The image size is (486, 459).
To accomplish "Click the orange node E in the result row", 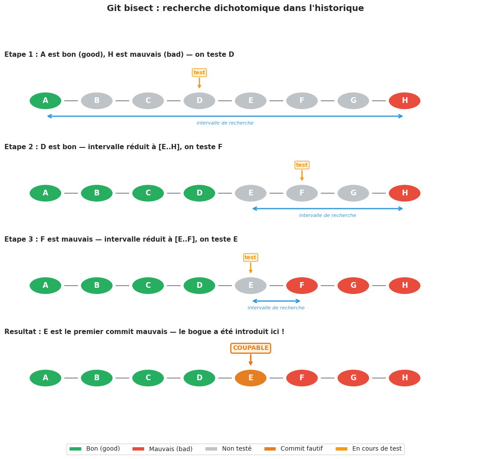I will click(251, 378).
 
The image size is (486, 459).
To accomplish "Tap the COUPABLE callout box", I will click(251, 348).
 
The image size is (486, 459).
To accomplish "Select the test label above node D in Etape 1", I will click(199, 73).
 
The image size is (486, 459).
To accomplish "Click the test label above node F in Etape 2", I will click(302, 165).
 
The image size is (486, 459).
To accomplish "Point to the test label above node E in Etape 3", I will click(251, 257).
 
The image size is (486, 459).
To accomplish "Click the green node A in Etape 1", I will click(45, 101).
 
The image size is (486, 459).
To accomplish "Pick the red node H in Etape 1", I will click(405, 101).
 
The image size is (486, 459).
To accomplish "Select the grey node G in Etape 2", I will click(353, 193).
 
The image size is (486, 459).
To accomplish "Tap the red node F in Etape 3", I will click(302, 286).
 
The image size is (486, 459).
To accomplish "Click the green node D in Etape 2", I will click(199, 193).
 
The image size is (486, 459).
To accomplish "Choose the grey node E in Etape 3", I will click(251, 286).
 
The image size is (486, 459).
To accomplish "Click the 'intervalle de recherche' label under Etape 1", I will click(225, 123).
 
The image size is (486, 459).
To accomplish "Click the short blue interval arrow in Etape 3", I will click(276, 301).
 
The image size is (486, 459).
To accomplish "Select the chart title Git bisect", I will click(235, 8).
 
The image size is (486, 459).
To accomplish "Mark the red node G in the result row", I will click(353, 378).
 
